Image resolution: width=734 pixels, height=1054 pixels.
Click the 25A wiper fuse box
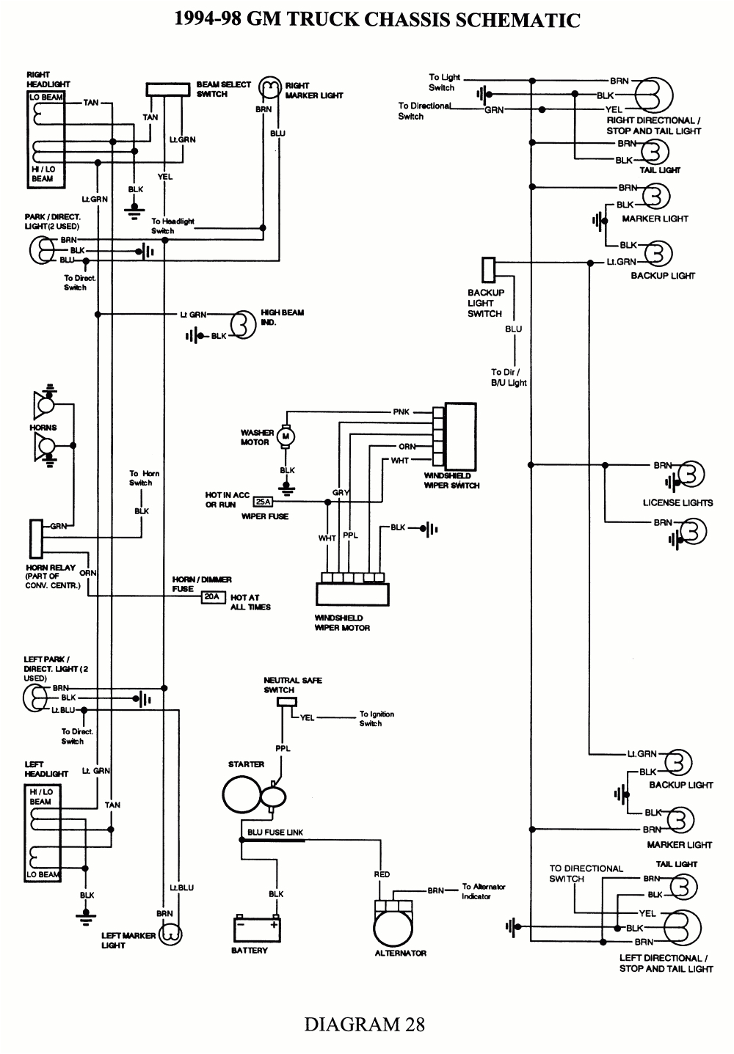[x=262, y=502]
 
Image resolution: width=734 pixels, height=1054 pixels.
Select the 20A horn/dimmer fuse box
[x=211, y=597]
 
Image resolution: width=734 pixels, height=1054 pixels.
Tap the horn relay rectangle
[x=35, y=538]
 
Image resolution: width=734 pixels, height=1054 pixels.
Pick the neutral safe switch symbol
[x=286, y=702]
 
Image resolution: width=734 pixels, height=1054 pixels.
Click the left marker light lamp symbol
[x=171, y=934]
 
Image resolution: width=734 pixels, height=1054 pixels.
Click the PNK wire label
[x=401, y=412]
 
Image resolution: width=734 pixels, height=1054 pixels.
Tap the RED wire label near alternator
[x=382, y=874]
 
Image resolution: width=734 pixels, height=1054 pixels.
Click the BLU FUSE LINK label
[x=275, y=832]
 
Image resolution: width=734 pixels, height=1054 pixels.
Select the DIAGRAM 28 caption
[x=365, y=1024]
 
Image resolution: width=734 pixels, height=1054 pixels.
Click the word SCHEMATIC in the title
[x=518, y=20]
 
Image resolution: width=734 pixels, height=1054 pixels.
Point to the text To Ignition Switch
[x=377, y=719]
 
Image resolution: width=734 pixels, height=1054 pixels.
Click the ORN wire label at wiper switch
[x=407, y=446]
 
